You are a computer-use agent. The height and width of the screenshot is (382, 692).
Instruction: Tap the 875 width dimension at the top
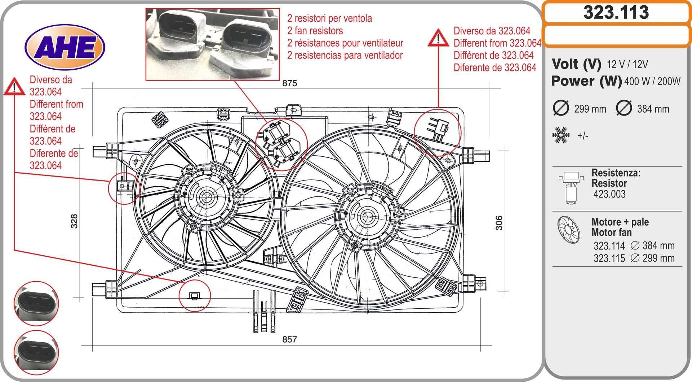289,83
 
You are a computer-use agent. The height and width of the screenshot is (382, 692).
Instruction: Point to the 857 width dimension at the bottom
289,339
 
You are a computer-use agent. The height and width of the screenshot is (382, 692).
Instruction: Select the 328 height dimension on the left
74,221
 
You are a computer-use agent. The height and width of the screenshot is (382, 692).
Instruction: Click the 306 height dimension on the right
499,223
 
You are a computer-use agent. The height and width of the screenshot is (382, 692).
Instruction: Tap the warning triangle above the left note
14,87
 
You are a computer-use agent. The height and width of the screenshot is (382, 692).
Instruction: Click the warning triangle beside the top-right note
438,38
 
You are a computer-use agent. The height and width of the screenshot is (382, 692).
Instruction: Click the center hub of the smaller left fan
207,197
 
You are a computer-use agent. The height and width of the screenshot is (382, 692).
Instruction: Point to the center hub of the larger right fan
367,217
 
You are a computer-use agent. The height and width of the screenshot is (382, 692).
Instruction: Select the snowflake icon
561,135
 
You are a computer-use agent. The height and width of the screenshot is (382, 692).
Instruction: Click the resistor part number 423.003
609,194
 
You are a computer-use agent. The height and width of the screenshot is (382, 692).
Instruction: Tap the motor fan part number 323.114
609,246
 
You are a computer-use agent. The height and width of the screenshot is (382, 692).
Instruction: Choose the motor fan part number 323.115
609,259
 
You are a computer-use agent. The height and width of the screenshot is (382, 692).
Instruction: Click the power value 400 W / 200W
652,82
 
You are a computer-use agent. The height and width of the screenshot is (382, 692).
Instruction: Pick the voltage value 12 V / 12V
627,65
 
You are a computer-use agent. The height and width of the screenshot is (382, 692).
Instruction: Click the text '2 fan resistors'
315,31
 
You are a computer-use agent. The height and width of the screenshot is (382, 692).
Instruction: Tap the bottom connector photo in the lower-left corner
36,352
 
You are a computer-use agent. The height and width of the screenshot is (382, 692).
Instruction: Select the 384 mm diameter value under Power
653,109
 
